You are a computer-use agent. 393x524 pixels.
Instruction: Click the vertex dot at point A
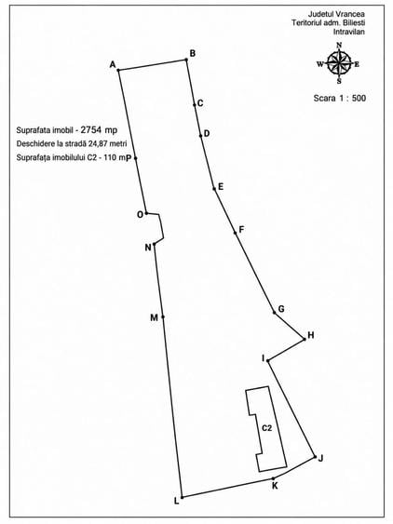(118, 70)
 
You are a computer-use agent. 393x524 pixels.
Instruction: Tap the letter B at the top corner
(193, 53)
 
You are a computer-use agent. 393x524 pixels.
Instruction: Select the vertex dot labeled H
(305, 340)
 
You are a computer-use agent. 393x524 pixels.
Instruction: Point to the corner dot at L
(182, 497)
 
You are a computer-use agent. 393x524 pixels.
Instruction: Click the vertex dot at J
(315, 456)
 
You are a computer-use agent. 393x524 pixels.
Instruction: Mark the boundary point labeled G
(275, 313)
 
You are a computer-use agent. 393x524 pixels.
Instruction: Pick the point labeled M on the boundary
(163, 316)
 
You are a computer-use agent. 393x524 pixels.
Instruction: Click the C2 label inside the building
(266, 428)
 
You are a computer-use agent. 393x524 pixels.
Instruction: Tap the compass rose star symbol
(339, 63)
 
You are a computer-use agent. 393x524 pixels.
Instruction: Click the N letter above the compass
(339, 46)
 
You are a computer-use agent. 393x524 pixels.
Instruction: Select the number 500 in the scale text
(359, 98)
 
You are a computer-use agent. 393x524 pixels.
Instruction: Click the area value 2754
(91, 129)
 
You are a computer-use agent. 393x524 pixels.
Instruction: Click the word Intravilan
(349, 32)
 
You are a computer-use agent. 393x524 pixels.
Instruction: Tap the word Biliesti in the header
(353, 22)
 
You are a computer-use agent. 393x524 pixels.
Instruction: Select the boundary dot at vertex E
(214, 189)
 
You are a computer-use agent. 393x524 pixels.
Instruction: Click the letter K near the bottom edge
(275, 486)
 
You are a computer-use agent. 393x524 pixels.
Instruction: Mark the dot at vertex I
(268, 360)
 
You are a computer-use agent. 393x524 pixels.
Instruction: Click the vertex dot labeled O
(146, 213)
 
